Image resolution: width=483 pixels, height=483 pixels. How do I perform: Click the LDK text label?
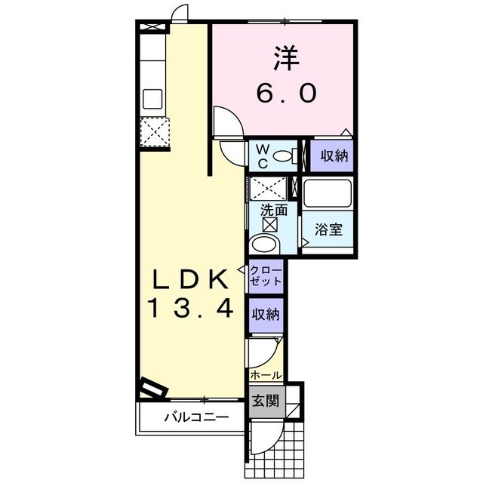pyautogui.click(x=192, y=281)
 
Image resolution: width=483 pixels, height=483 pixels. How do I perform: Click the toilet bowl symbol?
pyautogui.click(x=285, y=156)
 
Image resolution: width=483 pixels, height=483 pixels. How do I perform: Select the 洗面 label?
pyautogui.click(x=273, y=211)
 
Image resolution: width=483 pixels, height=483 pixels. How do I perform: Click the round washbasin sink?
pyautogui.click(x=264, y=243)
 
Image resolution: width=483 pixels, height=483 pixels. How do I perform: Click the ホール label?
pyautogui.click(x=266, y=375)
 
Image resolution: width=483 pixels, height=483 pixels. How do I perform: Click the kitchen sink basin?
pyautogui.click(x=153, y=99)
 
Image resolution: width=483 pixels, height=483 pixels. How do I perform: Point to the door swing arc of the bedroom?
pyautogui.click(x=227, y=121)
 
